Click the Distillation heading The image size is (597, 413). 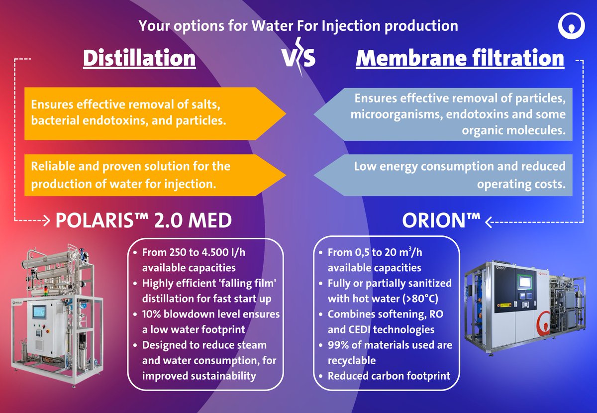pos(139,58)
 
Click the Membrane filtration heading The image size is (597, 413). pos(460,58)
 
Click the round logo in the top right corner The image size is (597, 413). pos(571,26)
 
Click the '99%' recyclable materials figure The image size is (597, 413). pos(338,344)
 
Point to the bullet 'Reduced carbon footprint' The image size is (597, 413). pos(389,375)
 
